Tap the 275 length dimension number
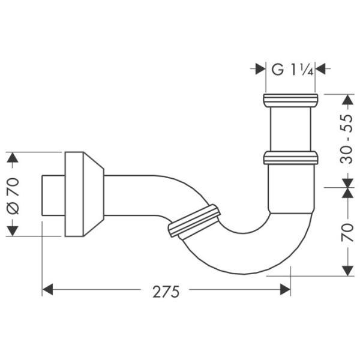pyautogui.click(x=166, y=292)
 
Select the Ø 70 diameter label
pyautogui.click(x=14, y=194)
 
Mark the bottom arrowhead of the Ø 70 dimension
pyautogui.click(x=13, y=231)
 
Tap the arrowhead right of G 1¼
pyautogui.click(x=320, y=69)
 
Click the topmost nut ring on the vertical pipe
pyautogui.click(x=290, y=100)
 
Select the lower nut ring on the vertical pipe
pyautogui.click(x=290, y=158)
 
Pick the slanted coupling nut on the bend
pyautogui.click(x=195, y=222)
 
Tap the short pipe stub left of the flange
pyautogui.click(x=52, y=194)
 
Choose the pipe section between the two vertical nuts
pyautogui.click(x=290, y=129)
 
